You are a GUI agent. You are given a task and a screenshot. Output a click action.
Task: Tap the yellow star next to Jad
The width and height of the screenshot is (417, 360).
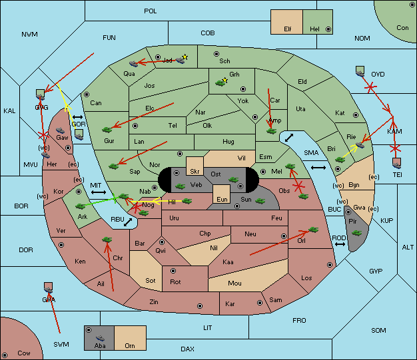point(185,57)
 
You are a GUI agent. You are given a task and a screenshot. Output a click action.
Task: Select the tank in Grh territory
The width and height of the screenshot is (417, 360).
point(221,83)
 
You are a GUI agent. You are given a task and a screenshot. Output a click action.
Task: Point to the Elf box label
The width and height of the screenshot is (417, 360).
point(288,29)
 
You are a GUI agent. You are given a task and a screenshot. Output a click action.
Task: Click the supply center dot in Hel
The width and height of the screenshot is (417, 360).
point(328,30)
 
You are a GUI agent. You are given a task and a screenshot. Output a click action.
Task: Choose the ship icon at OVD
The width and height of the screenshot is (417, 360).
point(360,71)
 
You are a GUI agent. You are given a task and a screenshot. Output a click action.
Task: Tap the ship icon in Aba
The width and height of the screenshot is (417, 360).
point(99,337)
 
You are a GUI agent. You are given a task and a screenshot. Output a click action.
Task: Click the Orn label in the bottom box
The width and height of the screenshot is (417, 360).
point(129,346)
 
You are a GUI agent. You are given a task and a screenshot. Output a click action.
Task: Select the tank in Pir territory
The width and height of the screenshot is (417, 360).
point(357,232)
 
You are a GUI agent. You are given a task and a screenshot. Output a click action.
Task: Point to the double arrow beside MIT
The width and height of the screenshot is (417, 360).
point(99,192)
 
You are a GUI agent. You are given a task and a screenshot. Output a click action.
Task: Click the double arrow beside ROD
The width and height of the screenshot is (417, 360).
point(340,245)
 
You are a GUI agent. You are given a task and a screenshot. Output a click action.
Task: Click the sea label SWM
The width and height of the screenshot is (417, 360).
point(61,344)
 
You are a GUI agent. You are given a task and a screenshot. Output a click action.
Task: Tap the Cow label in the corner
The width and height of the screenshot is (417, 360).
point(24,353)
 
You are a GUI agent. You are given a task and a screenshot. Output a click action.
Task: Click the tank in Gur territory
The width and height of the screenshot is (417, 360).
point(105,128)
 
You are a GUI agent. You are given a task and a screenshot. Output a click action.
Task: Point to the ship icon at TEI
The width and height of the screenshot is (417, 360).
point(397,162)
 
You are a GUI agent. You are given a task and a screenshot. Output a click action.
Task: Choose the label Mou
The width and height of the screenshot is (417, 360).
point(234,283)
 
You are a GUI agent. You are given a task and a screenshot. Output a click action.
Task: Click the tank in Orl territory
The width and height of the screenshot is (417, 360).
point(313,230)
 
